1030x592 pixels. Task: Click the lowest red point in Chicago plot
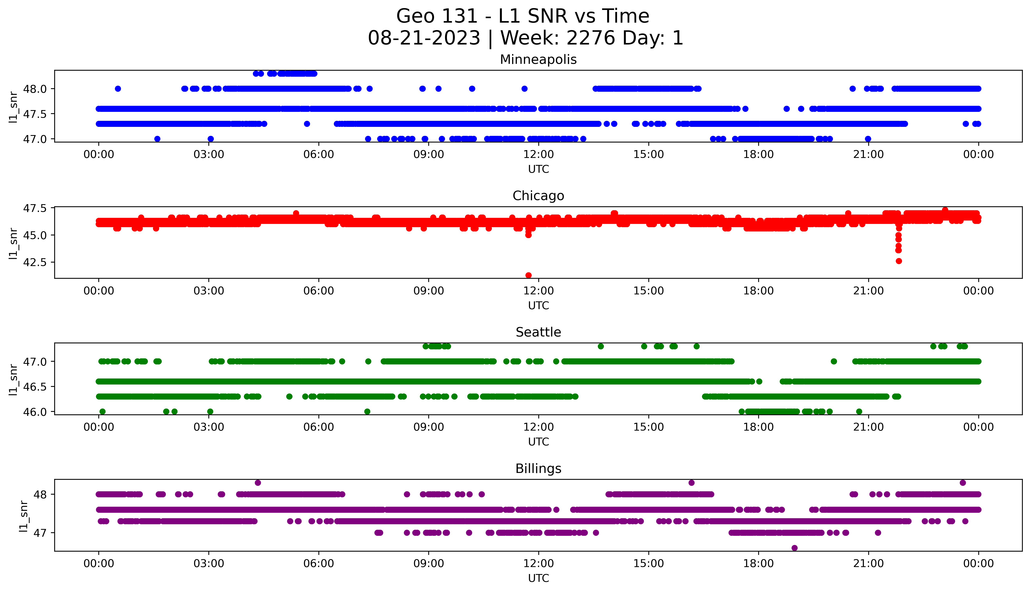pyautogui.click(x=528, y=275)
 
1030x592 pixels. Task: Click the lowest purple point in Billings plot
pyautogui.click(x=794, y=548)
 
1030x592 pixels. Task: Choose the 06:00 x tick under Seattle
pyautogui.click(x=319, y=427)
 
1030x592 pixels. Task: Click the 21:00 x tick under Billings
pyautogui.click(x=868, y=564)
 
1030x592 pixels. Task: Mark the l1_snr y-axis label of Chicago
pyautogui.click(x=13, y=243)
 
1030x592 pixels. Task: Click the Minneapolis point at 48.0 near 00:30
pyautogui.click(x=118, y=89)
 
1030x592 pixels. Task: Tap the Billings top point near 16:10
pyautogui.click(x=691, y=483)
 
